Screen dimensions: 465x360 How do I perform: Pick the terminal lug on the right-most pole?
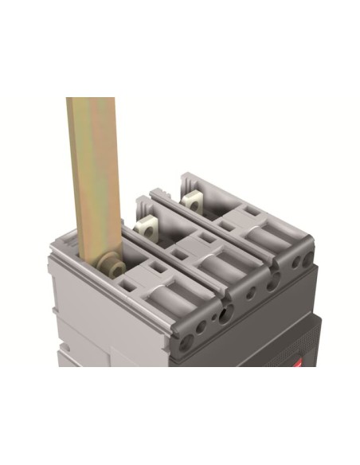point(192,200)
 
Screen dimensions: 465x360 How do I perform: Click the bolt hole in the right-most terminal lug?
point(191,199)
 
